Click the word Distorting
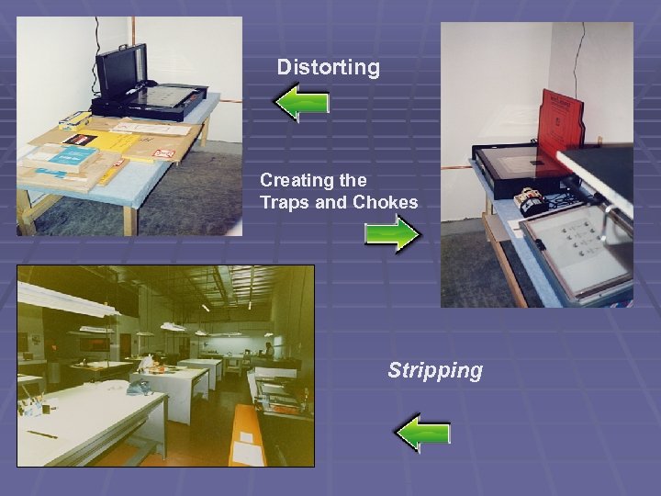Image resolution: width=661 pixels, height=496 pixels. [328, 67]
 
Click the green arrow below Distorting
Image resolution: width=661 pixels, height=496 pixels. [302, 103]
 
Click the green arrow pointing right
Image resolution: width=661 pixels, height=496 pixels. [392, 234]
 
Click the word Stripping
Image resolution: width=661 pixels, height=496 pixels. [434, 370]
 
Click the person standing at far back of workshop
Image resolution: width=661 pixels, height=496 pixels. [267, 350]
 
